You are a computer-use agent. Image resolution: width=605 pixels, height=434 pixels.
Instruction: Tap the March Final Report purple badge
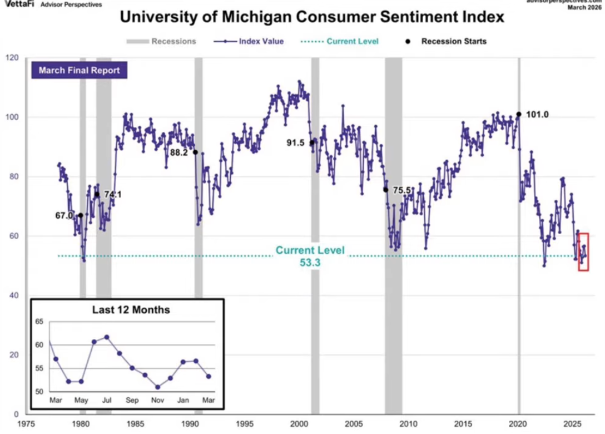coord(79,71)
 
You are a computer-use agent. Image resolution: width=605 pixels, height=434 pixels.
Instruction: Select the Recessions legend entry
coord(161,41)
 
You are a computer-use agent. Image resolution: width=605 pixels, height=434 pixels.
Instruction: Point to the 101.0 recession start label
coord(537,115)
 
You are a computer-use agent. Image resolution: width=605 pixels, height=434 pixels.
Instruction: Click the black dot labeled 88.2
coord(196,152)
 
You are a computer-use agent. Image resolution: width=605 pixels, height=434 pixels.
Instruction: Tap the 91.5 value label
coord(295,143)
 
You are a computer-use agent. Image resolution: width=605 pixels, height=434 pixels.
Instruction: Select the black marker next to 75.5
coord(386,190)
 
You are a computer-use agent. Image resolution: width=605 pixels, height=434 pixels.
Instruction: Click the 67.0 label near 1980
coord(64,215)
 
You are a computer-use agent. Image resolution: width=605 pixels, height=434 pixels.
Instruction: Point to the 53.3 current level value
coord(310,262)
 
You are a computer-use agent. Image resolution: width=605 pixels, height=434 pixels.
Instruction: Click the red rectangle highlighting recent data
coord(583,252)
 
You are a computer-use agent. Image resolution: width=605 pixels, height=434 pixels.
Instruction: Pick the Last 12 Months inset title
coord(131,309)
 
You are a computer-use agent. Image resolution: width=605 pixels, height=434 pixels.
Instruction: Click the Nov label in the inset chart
coord(158,401)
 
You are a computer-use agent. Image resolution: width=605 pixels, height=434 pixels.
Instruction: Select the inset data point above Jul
coord(107,337)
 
